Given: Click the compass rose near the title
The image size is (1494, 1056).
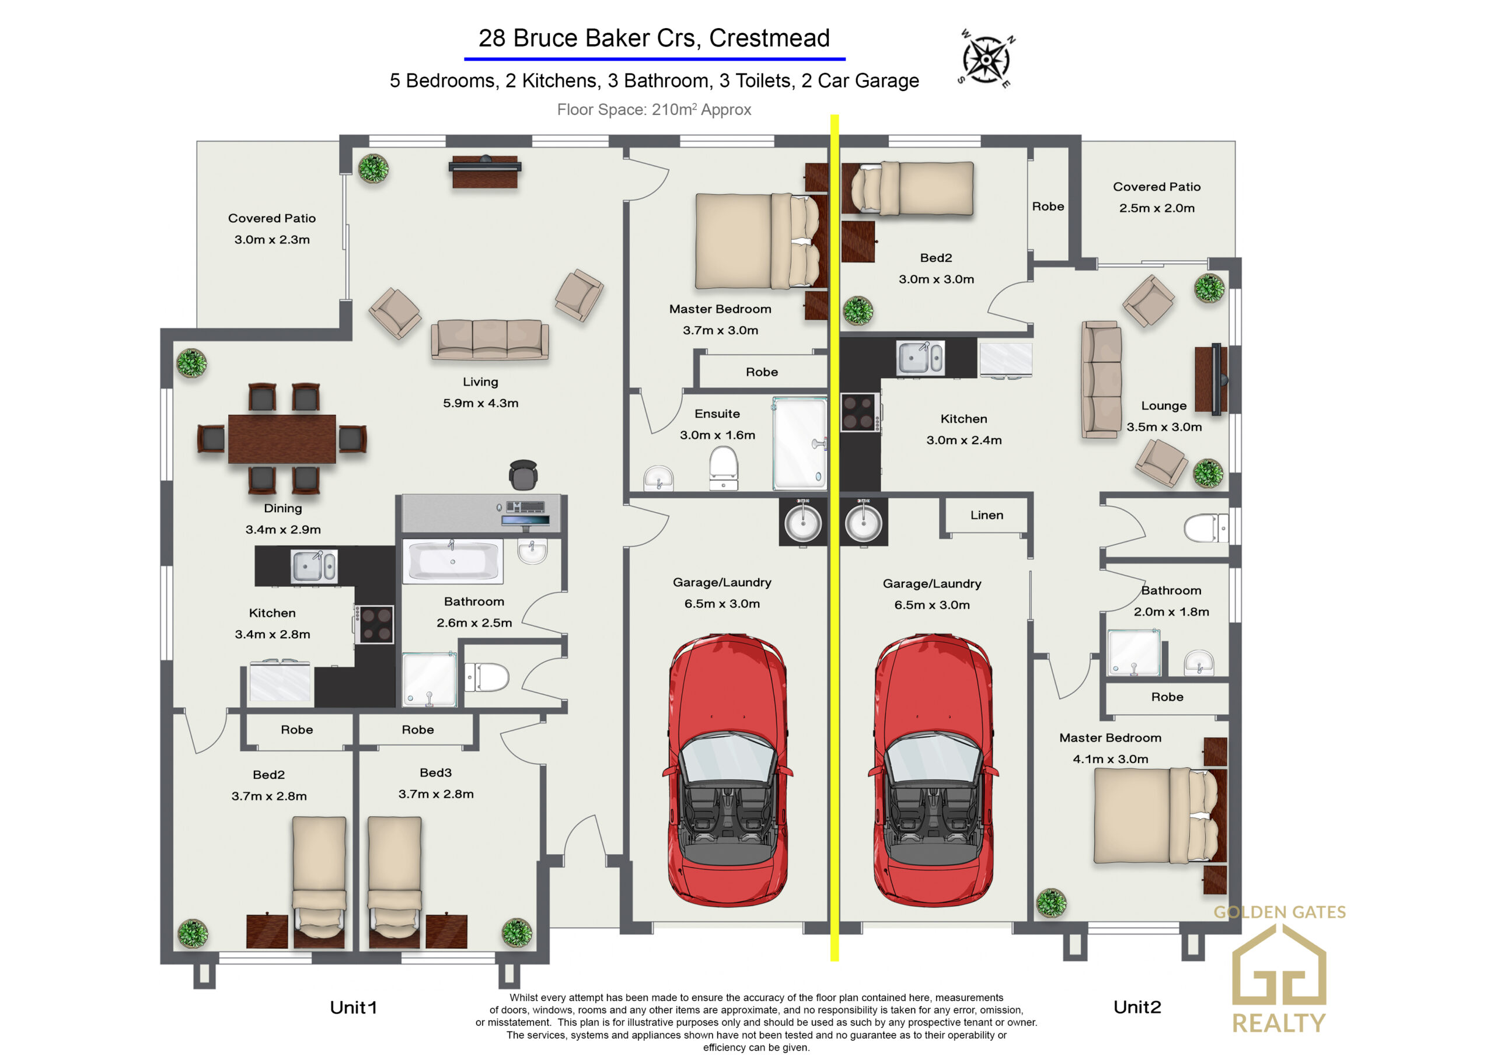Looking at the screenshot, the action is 986,59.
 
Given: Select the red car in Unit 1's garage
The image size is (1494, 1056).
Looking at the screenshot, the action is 728,770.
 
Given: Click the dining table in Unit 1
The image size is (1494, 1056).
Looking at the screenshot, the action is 282,439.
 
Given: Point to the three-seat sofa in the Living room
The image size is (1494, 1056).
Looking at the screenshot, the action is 489,339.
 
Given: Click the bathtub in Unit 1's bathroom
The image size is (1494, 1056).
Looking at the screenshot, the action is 452,560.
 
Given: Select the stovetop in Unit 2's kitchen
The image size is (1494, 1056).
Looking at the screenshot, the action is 859,412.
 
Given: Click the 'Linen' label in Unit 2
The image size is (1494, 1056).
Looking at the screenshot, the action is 986,515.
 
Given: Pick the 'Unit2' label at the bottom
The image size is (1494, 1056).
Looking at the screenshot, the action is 1137,1006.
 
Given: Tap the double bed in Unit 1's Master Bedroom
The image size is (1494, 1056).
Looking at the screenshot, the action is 758,241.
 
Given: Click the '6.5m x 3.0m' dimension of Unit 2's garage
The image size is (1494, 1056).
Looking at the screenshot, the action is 932,604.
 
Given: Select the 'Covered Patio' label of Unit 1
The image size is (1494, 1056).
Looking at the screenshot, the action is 272,218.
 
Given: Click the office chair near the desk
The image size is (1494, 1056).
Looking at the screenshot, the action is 523,475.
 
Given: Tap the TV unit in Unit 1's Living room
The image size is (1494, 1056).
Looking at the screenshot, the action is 485,171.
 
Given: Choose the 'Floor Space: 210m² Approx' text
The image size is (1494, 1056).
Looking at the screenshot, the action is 654,109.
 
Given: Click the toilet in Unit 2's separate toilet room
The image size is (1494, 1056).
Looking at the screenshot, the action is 1205,527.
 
